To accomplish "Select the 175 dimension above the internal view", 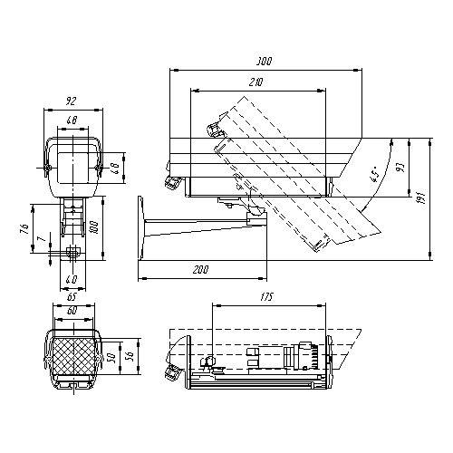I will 266,297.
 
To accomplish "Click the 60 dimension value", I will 71,310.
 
